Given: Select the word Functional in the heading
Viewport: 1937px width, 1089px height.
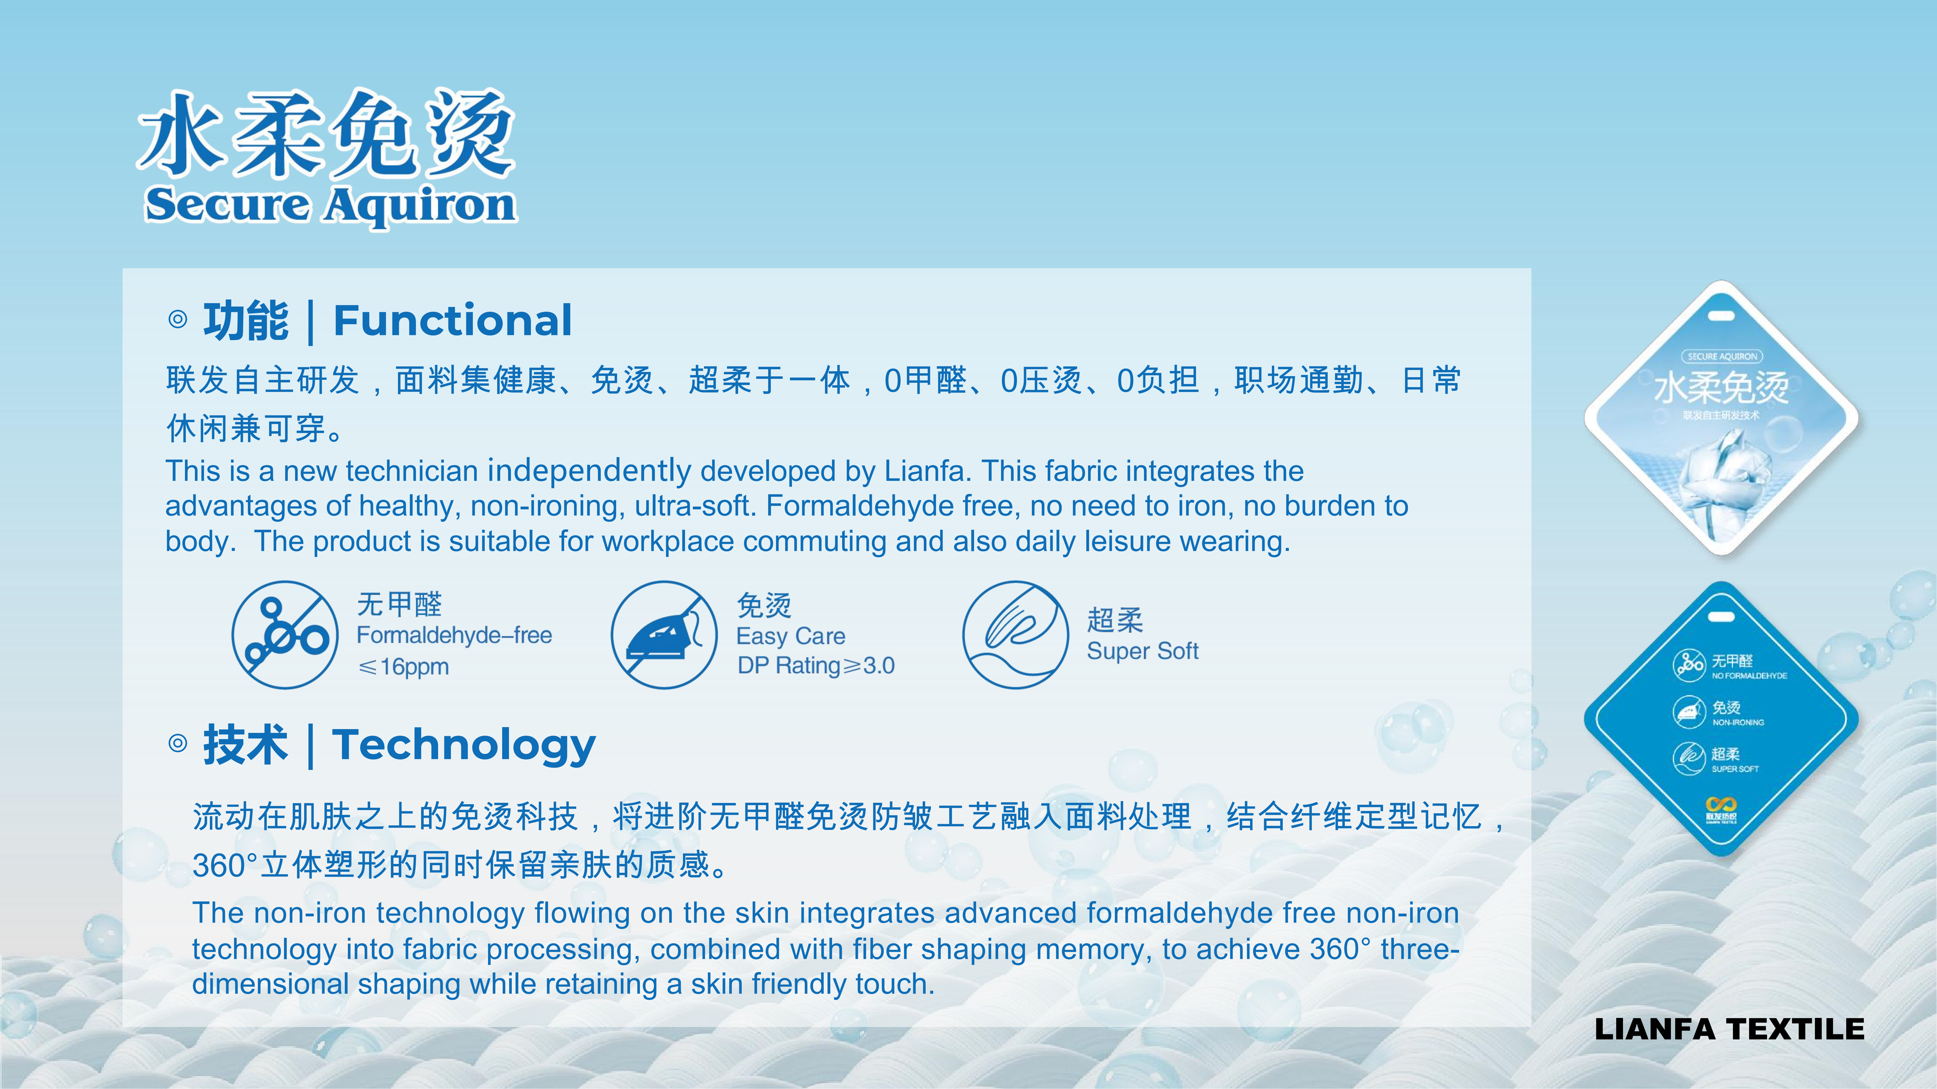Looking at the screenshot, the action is tap(453, 321).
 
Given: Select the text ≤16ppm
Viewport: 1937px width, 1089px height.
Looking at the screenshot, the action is tap(403, 667).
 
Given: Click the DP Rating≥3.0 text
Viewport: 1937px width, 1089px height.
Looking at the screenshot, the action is tap(816, 666).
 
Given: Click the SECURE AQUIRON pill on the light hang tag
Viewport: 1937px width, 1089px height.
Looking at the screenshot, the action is tap(1722, 356).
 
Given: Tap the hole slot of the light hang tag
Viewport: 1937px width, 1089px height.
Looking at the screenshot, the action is tap(1722, 316).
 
